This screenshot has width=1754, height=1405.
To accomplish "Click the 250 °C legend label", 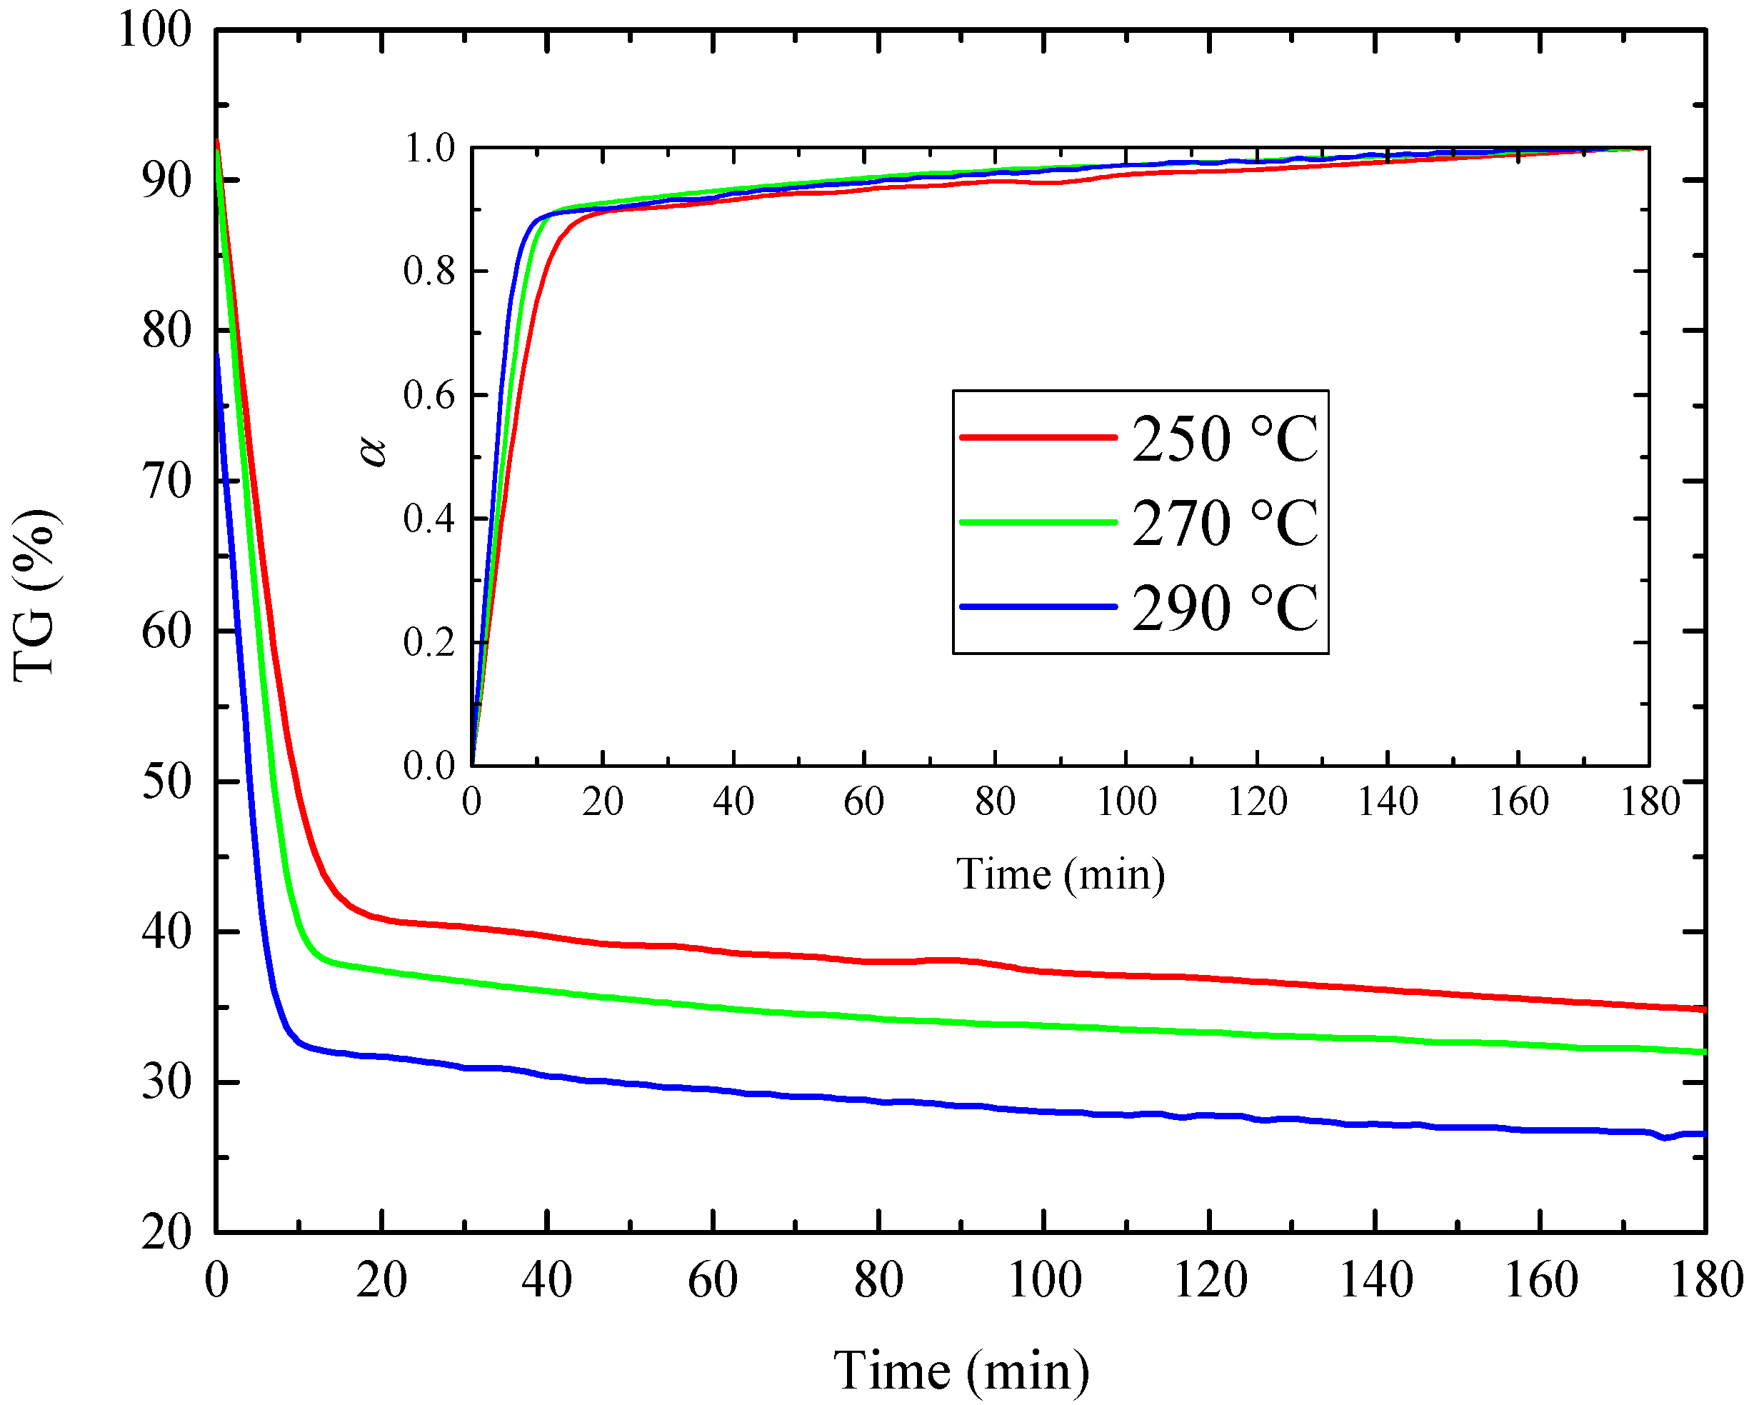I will pyautogui.click(x=1224, y=439).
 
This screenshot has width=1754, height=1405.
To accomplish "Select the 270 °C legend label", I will pyautogui.click(x=1224, y=523).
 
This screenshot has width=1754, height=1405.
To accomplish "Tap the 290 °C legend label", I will pyautogui.click(x=1224, y=608).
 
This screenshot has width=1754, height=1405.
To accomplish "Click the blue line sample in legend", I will pyautogui.click(x=1039, y=607).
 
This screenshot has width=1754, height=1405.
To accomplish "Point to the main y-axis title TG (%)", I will pyautogui.click(x=34, y=595).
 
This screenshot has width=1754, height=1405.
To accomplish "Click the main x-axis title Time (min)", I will pyautogui.click(x=961, y=1371).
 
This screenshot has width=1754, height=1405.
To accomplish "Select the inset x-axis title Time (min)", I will pyautogui.click(x=1060, y=874).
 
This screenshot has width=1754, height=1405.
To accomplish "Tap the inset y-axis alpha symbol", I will pyautogui.click(x=374, y=450).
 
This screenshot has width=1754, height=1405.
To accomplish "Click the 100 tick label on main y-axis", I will pyautogui.click(x=154, y=30).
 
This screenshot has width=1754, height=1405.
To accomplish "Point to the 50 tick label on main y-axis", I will pyautogui.click(x=167, y=782).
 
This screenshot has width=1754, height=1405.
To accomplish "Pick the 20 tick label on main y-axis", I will pyautogui.click(x=167, y=1233).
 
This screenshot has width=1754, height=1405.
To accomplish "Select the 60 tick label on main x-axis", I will pyautogui.click(x=713, y=1280).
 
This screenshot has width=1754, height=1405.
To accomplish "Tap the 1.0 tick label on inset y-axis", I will pyautogui.click(x=431, y=148).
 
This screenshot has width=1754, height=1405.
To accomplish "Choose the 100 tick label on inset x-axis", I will pyautogui.click(x=1127, y=802).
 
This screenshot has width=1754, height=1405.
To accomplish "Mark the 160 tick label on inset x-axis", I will pyautogui.click(x=1519, y=802).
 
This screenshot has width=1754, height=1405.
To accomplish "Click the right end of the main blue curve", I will pyautogui.click(x=1703, y=1134).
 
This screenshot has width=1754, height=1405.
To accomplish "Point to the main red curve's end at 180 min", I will pyautogui.click(x=1703, y=1009).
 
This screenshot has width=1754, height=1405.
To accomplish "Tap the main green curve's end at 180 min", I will pyautogui.click(x=1703, y=1052).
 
